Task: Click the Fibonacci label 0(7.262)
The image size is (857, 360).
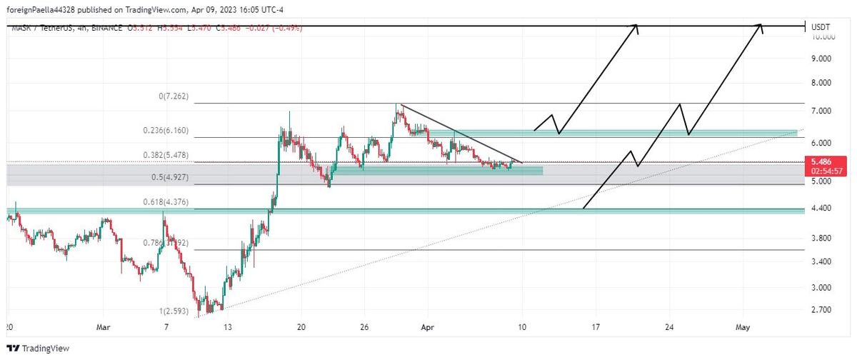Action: pos(173,96)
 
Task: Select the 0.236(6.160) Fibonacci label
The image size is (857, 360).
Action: pos(165,130)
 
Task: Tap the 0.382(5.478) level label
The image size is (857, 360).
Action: pos(165,155)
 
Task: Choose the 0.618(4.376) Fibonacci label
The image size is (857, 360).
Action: pos(165,203)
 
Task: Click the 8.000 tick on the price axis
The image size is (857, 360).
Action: pos(823,84)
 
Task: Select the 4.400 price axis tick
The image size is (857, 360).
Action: pos(823,209)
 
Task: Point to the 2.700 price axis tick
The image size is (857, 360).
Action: pos(823,311)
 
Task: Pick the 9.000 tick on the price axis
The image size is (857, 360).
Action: pos(823,60)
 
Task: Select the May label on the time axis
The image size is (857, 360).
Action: pos(743,326)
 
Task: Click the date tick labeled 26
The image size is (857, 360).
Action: pos(364,326)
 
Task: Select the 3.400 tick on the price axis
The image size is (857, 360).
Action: pos(823,262)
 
